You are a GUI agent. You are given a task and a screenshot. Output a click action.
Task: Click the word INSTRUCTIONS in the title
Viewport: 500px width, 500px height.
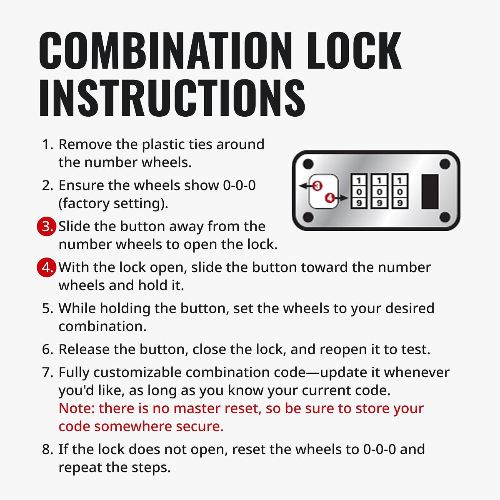172,97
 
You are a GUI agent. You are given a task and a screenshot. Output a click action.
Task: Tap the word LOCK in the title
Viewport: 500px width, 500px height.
355,50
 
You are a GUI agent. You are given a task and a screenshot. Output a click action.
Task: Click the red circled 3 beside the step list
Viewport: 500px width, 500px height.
46,226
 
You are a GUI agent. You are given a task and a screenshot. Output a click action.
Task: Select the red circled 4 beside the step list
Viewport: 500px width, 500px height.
46,267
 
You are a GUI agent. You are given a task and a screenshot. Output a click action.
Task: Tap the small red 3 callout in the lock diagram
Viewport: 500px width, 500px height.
317,186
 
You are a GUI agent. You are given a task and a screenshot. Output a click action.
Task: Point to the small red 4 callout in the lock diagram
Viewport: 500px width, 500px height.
330,198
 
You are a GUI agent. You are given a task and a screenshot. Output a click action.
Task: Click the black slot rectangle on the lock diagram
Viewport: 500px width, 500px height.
430,192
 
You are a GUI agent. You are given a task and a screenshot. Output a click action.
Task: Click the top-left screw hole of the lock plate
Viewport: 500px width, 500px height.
308,164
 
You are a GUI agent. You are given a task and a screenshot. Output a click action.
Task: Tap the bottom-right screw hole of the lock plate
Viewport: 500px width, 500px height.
445,217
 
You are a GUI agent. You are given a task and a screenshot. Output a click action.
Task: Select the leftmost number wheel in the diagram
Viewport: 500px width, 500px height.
359,191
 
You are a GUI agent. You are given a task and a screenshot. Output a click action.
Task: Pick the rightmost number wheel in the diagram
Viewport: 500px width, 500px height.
400,191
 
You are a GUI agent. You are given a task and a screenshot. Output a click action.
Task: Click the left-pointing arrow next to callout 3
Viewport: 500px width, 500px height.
305,186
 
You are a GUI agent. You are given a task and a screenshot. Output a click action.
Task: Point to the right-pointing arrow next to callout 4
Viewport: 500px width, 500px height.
341,198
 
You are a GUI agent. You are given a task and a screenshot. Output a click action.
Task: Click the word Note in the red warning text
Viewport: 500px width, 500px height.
77,408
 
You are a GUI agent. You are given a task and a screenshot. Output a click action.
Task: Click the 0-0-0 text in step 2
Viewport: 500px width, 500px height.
239,185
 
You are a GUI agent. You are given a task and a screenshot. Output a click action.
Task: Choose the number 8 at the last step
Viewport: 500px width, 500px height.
46,450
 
